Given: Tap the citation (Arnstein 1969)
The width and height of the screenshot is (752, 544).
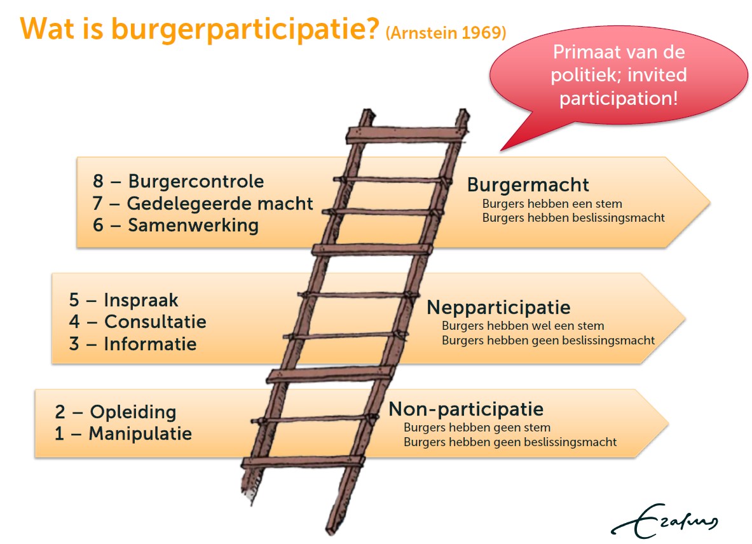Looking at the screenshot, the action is click(x=446, y=32).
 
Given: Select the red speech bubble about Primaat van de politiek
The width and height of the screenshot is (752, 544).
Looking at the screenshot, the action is click(x=618, y=77).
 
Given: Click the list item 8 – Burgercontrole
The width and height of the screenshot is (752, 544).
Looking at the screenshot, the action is click(x=179, y=181).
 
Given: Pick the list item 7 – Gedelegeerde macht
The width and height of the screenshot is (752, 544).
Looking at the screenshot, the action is click(x=202, y=204).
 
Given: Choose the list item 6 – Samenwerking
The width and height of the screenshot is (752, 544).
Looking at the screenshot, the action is click(x=175, y=225).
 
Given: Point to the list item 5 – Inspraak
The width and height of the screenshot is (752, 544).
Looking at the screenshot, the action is click(x=123, y=301).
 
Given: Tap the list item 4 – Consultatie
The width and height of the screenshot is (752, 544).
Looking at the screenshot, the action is click(x=137, y=322).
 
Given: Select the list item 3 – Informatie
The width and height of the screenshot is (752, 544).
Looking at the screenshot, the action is click(x=132, y=344).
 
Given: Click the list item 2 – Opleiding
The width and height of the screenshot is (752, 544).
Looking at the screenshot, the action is click(x=115, y=412).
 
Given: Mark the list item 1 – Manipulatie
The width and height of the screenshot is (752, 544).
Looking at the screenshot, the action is click(x=123, y=433).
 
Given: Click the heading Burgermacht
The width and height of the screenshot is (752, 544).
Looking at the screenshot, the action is click(x=528, y=185).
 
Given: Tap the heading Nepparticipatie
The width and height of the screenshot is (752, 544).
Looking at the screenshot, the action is click(x=498, y=308).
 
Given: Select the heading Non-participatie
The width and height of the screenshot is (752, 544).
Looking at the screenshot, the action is click(x=466, y=409).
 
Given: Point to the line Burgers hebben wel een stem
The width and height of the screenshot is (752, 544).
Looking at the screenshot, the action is click(x=523, y=326).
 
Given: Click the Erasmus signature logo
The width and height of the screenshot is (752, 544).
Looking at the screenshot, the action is click(x=664, y=522).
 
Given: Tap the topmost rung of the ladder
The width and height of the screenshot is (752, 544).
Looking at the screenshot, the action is click(x=406, y=135).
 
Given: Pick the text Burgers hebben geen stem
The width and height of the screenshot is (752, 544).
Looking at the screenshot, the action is click(x=477, y=428).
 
